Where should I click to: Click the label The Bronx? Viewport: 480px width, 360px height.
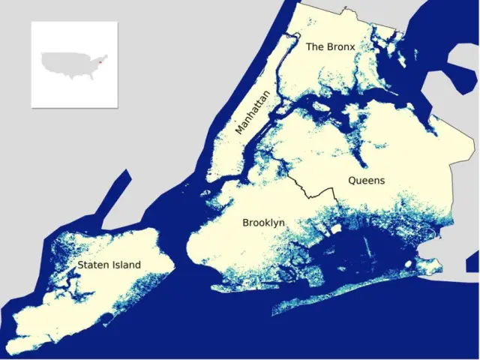330,47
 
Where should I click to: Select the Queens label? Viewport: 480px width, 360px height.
366,181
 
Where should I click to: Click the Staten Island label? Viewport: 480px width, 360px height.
109,265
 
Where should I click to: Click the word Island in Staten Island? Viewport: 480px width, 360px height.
125,265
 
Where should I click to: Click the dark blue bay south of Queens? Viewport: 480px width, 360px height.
352,255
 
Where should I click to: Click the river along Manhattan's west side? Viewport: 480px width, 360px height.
225,127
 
